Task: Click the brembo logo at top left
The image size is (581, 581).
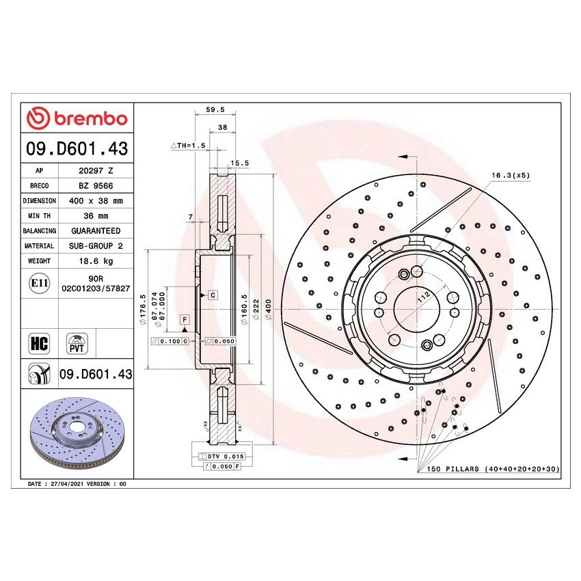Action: (77, 118)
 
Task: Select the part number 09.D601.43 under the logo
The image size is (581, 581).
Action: (77, 148)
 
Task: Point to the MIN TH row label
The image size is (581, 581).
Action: (39, 216)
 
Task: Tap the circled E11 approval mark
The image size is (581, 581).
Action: (39, 282)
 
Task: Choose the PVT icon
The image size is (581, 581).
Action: (77, 342)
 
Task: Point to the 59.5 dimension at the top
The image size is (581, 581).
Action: (215, 109)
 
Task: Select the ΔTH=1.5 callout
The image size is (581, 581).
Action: (187, 146)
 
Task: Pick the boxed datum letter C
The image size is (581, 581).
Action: (213, 295)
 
